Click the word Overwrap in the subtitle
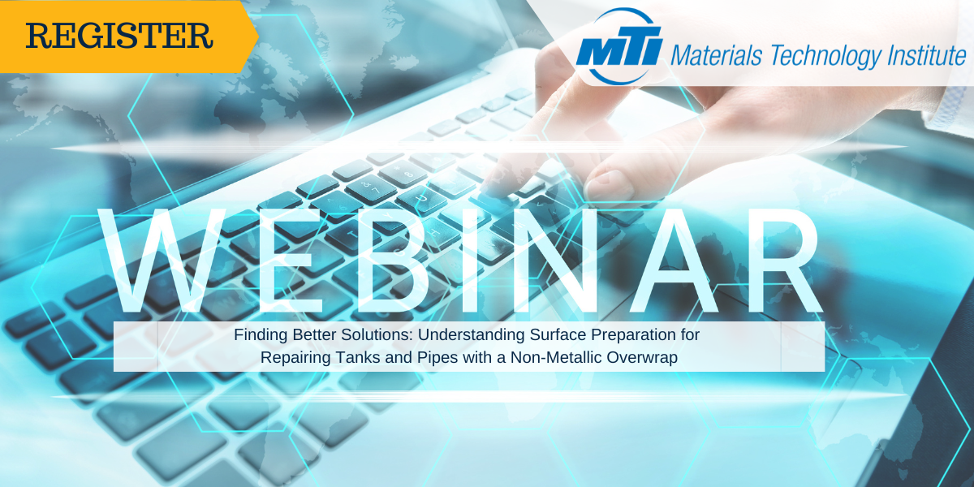point(644,356)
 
